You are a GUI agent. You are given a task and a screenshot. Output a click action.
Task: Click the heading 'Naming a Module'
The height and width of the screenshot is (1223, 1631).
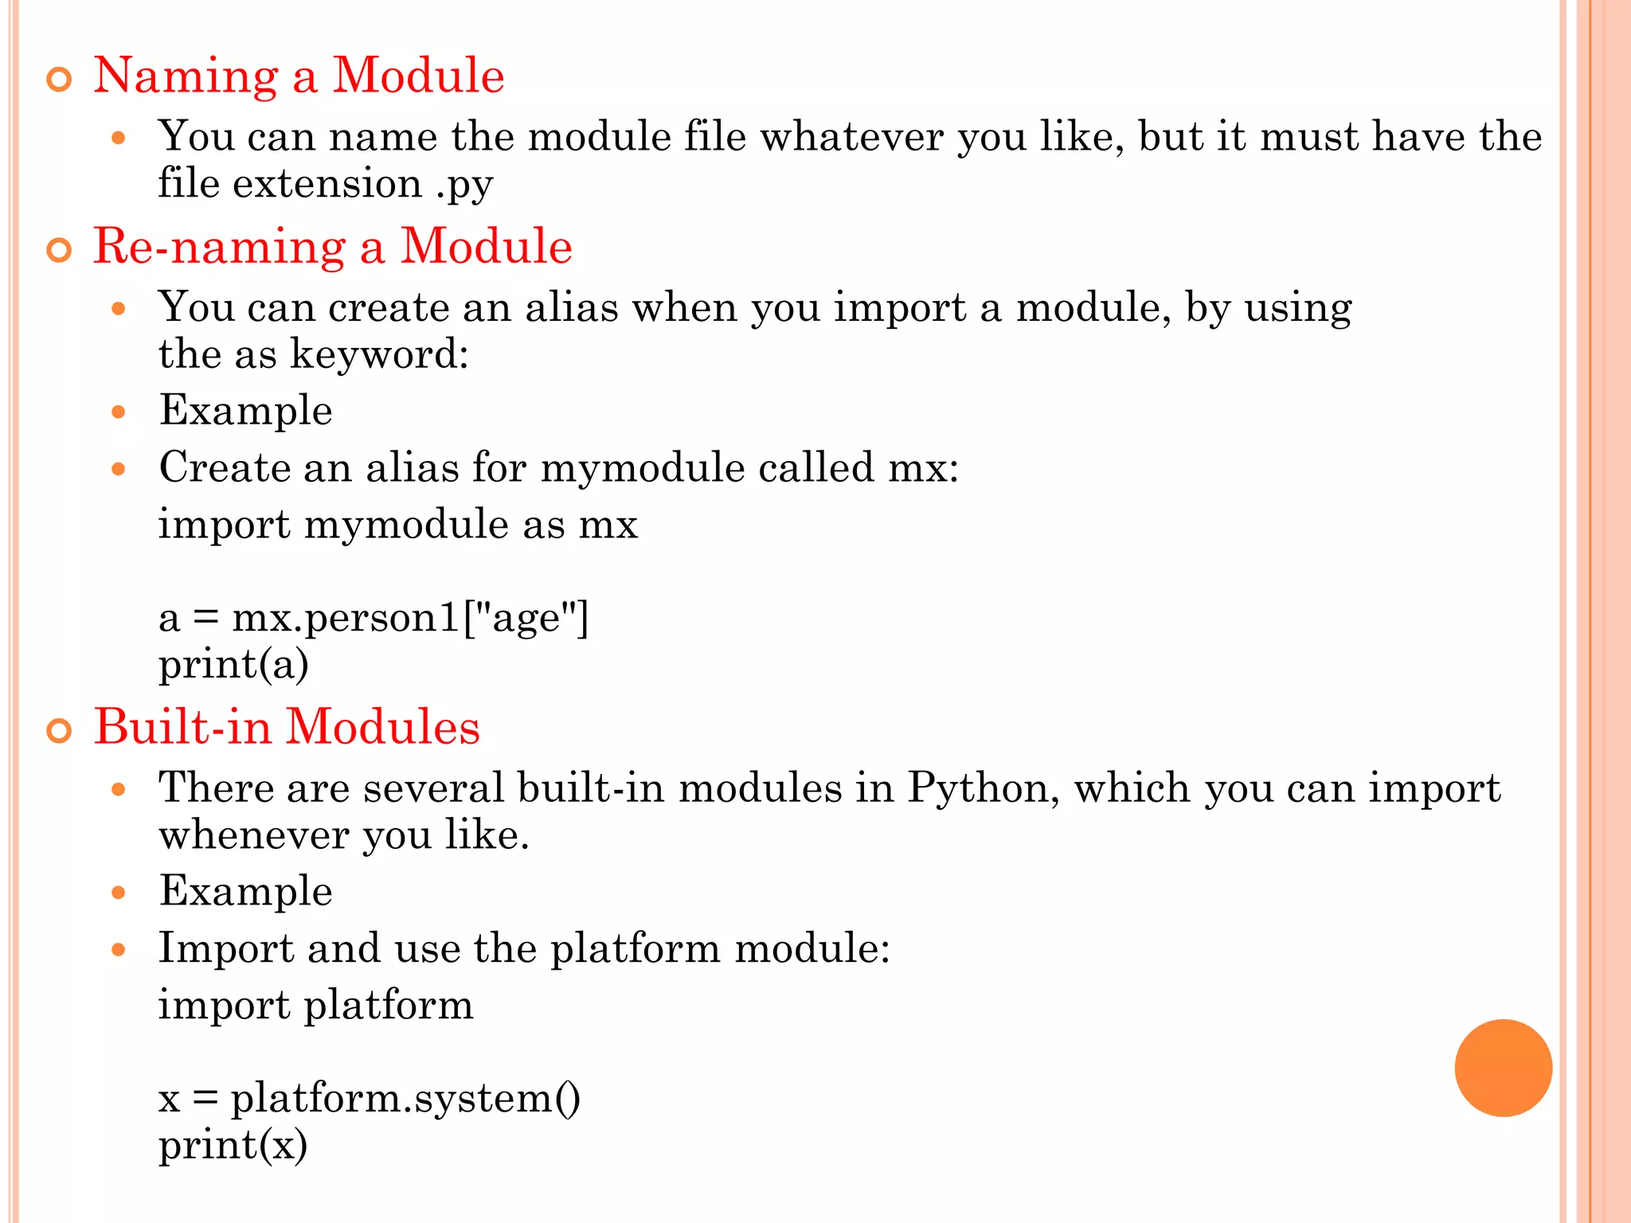[299, 76]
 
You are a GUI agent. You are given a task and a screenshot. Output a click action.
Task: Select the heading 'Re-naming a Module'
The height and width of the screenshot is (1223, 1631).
[333, 246]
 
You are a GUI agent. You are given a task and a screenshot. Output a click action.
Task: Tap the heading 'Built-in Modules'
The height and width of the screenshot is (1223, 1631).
[287, 727]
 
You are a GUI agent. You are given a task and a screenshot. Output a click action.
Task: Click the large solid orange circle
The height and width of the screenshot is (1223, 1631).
[1503, 1068]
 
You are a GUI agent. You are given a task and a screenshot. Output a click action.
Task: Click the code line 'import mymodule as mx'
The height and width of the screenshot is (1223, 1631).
[398, 525]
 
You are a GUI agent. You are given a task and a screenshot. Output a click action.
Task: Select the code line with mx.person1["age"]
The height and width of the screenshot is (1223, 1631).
[374, 618]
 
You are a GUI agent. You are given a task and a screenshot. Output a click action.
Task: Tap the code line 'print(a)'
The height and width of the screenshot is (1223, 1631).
[233, 665]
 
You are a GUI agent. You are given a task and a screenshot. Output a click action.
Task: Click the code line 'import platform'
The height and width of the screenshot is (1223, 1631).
[315, 1005]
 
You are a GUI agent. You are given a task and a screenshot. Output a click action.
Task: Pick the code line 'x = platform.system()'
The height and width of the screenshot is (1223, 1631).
[370, 1099]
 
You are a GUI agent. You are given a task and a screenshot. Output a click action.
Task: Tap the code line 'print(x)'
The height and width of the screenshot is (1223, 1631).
[233, 1146]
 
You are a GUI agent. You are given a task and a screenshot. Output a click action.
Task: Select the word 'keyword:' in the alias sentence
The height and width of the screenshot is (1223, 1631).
[379, 354]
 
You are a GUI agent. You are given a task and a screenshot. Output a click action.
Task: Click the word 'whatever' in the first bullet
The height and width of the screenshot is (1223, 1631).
[851, 137]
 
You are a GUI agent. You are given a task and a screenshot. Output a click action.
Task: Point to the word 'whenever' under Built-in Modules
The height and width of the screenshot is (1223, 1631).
[254, 836]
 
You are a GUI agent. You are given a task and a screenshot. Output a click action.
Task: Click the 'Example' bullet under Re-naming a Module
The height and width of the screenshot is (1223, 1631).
[245, 411]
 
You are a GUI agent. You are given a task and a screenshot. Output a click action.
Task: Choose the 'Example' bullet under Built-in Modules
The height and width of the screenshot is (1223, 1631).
[245, 891]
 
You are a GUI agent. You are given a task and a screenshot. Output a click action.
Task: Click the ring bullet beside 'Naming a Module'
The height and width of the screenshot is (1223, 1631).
[60, 80]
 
